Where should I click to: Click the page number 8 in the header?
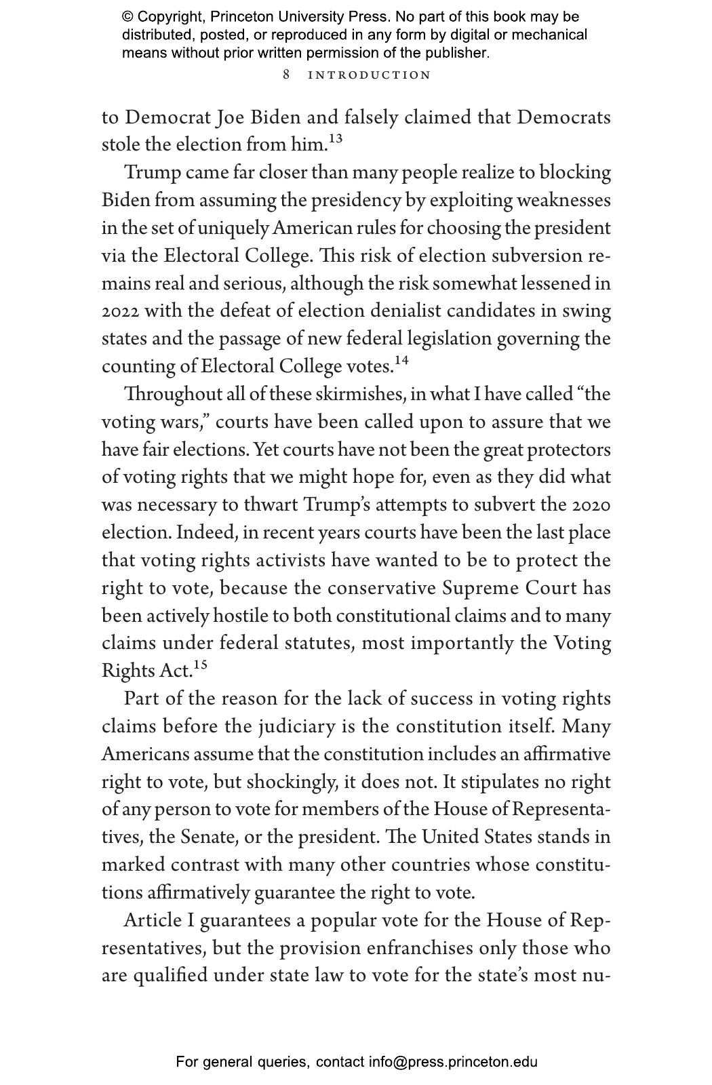[286, 75]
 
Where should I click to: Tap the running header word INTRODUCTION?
[370, 75]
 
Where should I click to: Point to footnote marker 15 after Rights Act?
[200, 665]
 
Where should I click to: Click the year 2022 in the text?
[121, 311]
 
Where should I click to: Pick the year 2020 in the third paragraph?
[591, 505]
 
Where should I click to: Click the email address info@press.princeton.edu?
[453, 1062]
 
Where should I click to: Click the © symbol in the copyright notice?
[127, 17]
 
